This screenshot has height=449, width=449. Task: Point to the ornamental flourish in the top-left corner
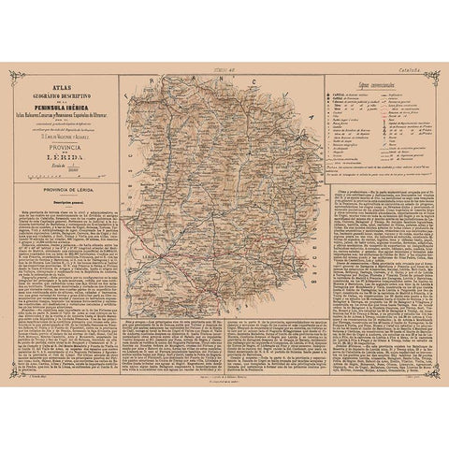[14, 74]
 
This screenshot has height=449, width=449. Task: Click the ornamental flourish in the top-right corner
[435, 74]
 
